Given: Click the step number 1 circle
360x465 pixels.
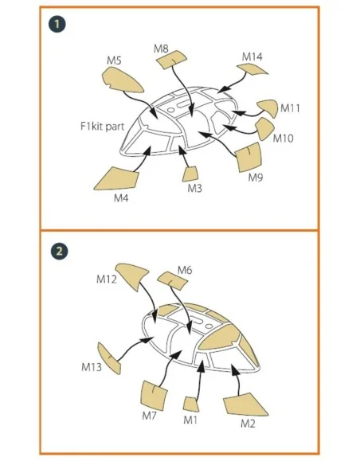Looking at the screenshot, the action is coord(57,24).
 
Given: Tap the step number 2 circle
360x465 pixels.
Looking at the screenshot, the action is coord(59,251).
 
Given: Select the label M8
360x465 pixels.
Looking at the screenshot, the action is coord(161,49).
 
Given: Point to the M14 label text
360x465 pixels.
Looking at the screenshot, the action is coord(252,57).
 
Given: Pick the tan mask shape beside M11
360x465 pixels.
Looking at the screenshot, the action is coord(268,107).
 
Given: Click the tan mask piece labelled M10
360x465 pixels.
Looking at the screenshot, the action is coord(264,128).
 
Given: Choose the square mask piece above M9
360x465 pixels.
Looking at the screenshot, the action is coord(248,157).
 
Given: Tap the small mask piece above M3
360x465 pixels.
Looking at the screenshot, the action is coord(190,174).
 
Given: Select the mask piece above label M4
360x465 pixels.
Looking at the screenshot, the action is coord(118,178).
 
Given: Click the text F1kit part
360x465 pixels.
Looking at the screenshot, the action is coord(103,127).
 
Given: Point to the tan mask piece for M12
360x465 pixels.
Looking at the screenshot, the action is coord(131,275).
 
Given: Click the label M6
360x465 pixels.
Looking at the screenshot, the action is coord(185,270).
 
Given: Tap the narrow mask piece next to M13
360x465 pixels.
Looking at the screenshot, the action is coord(109,358).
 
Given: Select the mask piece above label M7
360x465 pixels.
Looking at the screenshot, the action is coord(154,396).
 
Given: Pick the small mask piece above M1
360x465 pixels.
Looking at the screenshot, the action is coord(190,404).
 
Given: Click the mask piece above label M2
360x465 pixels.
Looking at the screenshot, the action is coord(244,404).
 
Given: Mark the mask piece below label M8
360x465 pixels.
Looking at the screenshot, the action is coord(171,59).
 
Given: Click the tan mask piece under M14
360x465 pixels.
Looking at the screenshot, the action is coord(252,70).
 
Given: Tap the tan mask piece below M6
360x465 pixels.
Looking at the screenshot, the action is coord(172,280).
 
